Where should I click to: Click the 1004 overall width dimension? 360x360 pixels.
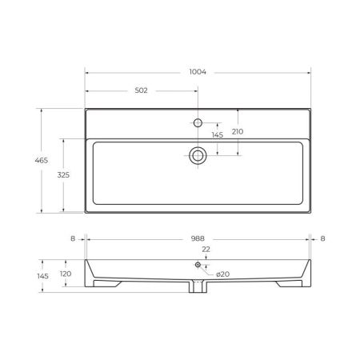197,72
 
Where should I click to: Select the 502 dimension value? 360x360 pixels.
141,90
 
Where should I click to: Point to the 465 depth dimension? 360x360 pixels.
30,162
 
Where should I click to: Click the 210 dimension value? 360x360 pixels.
238,130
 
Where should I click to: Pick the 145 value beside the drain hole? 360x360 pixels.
217,135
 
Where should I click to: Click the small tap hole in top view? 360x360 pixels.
197,123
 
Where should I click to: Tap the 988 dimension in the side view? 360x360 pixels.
197,238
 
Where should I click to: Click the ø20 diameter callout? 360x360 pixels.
223,274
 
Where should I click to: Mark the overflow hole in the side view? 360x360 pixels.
197,265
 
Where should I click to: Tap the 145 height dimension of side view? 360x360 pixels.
42,276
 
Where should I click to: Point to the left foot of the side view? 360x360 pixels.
105,283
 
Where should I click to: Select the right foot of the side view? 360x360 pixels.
287,283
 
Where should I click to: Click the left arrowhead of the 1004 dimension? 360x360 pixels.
88,72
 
